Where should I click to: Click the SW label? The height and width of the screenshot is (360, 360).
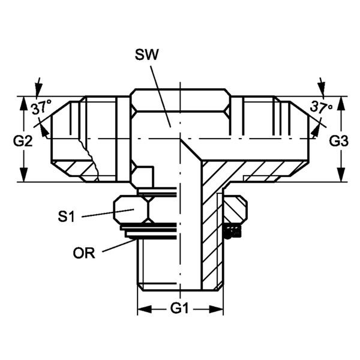point(147,55)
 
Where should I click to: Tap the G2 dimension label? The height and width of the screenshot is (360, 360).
point(23,141)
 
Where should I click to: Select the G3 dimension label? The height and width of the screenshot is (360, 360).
point(338,141)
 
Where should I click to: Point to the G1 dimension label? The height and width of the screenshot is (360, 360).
point(179,308)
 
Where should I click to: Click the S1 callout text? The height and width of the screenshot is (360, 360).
point(67,216)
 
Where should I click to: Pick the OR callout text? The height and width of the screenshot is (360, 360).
point(84,253)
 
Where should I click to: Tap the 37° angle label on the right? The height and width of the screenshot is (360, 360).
point(321,107)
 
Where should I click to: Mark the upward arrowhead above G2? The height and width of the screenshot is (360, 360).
point(23,103)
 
